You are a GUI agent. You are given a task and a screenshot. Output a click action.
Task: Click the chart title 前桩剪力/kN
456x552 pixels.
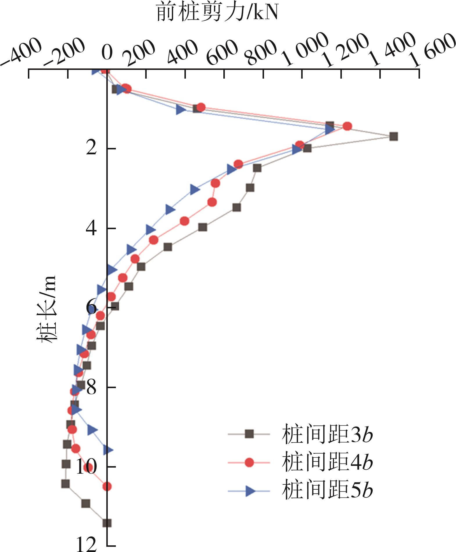pos(217,12)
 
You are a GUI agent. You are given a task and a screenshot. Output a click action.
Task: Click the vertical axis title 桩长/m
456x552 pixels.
pos(46,309)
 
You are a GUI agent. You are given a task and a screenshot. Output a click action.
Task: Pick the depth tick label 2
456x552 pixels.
pos(92,149)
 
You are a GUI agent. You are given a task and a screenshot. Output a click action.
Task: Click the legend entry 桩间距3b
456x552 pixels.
pos(327,434)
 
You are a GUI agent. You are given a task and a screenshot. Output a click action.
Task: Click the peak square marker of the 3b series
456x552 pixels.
pos(394,137)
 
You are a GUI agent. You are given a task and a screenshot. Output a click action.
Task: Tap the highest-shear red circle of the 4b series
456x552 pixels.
pos(347,126)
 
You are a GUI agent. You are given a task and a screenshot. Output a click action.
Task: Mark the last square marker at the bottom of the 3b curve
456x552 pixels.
pos(107,523)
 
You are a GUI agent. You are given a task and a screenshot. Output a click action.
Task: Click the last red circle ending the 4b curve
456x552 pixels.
pos(107,486)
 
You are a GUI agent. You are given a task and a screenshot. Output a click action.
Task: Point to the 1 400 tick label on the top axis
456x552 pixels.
pos(394,49)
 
